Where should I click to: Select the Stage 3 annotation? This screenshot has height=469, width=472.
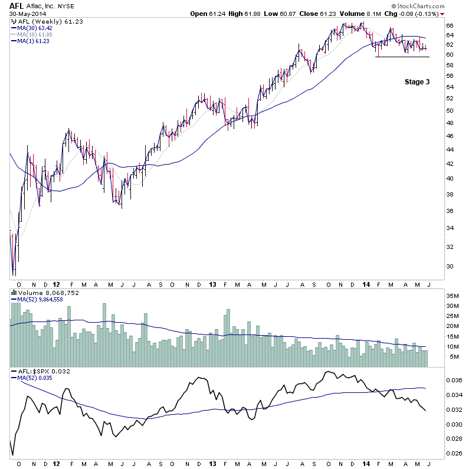(417, 82)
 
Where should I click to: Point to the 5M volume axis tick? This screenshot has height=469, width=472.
(451, 358)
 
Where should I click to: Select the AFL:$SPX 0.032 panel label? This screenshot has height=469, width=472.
(37, 372)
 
